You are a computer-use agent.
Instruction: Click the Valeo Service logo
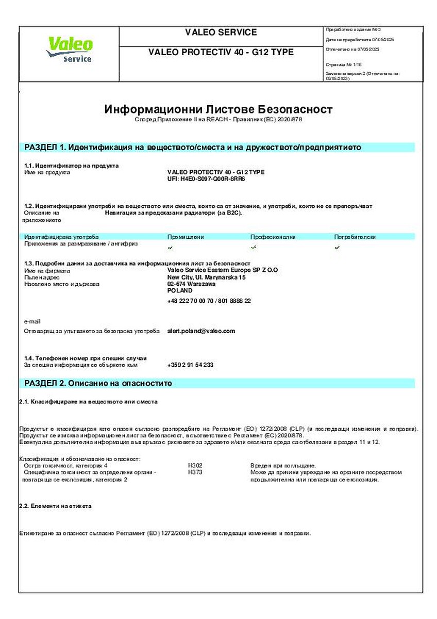point(69,50)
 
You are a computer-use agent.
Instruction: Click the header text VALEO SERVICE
point(221,32)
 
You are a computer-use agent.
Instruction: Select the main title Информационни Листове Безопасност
point(218,109)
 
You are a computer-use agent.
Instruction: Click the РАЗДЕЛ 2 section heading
point(98,383)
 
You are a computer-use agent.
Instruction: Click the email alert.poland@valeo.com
point(201,331)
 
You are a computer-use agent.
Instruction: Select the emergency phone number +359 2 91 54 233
point(190,365)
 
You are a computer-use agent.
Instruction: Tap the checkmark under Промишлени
point(171,248)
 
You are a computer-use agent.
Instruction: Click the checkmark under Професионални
point(254,248)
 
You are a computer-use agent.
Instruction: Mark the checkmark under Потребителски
point(337,248)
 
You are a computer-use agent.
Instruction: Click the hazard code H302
point(195,465)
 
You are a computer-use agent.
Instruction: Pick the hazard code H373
point(195,472)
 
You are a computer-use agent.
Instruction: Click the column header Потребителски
point(355,237)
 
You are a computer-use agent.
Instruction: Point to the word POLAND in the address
point(180,290)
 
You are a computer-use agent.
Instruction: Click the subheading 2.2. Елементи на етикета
point(55,506)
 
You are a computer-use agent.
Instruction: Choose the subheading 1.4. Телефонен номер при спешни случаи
point(86,358)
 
